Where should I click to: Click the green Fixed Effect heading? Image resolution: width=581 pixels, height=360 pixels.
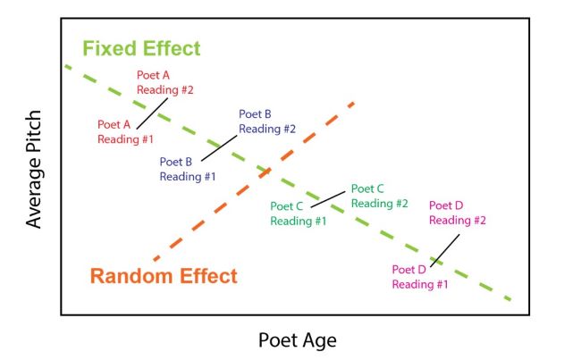tap(141, 48)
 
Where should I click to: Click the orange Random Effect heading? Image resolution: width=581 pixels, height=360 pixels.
tap(164, 276)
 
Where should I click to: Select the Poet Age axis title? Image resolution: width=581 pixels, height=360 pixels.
tap(298, 339)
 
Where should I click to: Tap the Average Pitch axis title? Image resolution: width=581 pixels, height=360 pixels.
tap(35, 169)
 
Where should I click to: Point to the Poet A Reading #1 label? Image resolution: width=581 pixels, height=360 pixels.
tap(125, 131)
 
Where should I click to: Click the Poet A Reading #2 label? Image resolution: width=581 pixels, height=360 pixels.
tap(164, 82)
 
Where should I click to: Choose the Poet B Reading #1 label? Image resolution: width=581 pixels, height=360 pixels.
tap(188, 169)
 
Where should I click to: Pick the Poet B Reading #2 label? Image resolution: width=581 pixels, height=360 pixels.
tap(266, 121)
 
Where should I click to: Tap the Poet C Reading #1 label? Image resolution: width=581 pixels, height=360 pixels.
tap(298, 213)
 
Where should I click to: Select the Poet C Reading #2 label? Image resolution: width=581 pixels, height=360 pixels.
tap(379, 196)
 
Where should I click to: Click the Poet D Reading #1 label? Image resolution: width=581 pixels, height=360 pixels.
tap(419, 277)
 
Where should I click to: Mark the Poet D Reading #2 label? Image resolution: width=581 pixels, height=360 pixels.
tap(457, 213)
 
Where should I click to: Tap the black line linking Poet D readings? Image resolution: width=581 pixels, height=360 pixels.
tap(446, 250)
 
